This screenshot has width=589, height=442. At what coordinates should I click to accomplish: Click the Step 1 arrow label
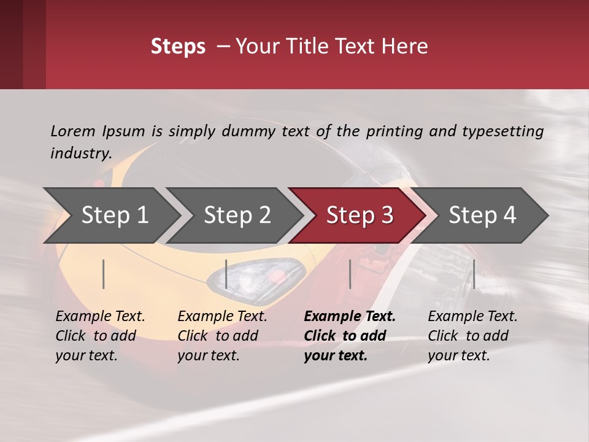click(x=115, y=215)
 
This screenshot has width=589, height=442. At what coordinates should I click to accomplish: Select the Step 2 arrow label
click(x=237, y=215)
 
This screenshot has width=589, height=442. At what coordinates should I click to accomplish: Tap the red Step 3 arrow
click(x=360, y=215)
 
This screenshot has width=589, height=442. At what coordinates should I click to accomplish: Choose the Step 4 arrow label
click(x=482, y=215)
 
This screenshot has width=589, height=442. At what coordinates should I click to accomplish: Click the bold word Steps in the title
click(x=178, y=47)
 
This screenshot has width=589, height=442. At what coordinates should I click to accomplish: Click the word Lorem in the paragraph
click(x=73, y=131)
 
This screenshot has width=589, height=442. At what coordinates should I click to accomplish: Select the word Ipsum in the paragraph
click(x=124, y=131)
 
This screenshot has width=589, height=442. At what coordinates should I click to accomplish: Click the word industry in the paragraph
click(x=80, y=153)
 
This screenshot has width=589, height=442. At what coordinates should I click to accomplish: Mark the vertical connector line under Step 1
click(x=104, y=274)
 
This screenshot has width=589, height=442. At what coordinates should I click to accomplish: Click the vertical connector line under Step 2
click(x=226, y=274)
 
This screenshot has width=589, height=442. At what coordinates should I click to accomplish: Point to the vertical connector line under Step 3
click(x=350, y=274)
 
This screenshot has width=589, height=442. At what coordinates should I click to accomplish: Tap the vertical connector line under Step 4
click(x=474, y=274)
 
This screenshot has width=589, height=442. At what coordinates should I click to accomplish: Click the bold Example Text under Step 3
click(x=350, y=317)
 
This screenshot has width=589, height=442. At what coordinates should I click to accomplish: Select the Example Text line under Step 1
click(x=100, y=317)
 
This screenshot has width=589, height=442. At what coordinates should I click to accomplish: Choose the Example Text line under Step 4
click(x=472, y=317)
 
